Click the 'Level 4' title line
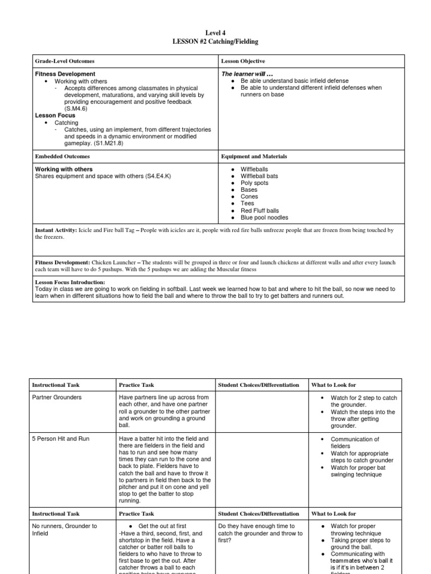click(215, 33)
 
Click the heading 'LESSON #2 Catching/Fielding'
click(215, 41)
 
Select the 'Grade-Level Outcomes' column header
click(65, 61)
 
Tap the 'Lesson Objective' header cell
click(243, 61)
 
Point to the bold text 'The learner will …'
click(247, 74)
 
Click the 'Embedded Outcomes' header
click(58, 156)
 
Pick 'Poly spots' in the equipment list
click(254, 183)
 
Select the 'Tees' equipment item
click(247, 203)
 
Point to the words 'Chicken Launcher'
click(115, 262)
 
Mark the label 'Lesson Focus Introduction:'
click(70, 283)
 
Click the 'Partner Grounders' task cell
click(57, 397)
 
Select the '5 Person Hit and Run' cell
click(62, 439)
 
